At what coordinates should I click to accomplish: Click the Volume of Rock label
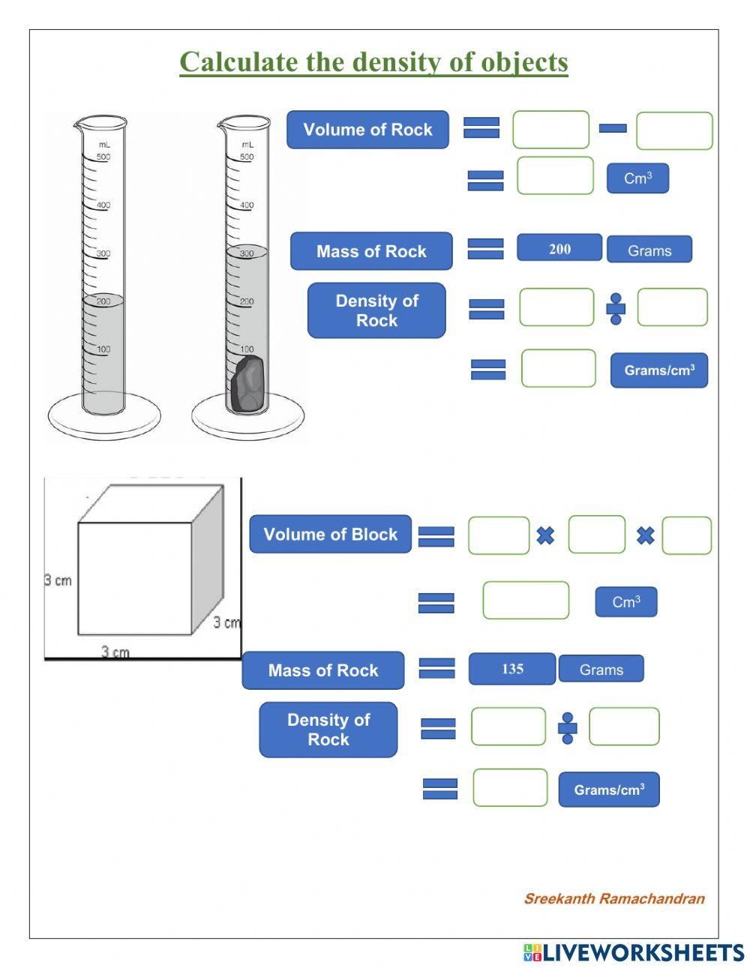pyautogui.click(x=367, y=130)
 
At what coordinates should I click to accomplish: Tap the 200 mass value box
pyautogui.click(x=559, y=249)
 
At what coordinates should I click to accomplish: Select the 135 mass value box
pyautogui.click(x=512, y=669)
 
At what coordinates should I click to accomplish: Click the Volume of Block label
pyautogui.click(x=330, y=535)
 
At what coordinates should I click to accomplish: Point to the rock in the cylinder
pyautogui.click(x=247, y=385)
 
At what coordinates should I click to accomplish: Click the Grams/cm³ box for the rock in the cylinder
pyautogui.click(x=658, y=370)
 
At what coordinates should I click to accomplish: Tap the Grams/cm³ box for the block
pyautogui.click(x=608, y=790)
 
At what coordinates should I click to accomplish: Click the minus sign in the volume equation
pyautogui.click(x=613, y=129)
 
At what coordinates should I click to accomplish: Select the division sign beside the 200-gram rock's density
pyautogui.click(x=616, y=308)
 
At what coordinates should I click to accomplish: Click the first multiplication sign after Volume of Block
pyautogui.click(x=545, y=535)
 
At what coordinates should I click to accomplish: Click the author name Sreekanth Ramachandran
pyautogui.click(x=613, y=898)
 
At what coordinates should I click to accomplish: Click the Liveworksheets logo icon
pyautogui.click(x=532, y=953)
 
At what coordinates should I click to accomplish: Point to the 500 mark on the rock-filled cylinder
pyautogui.click(x=247, y=157)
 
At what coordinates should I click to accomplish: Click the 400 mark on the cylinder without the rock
pyautogui.click(x=103, y=205)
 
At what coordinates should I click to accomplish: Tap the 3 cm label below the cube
pyautogui.click(x=115, y=652)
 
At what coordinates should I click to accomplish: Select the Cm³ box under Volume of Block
pyautogui.click(x=625, y=602)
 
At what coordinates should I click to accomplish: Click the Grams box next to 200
pyautogui.click(x=649, y=250)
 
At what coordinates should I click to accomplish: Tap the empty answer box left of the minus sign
pyautogui.click(x=550, y=130)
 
